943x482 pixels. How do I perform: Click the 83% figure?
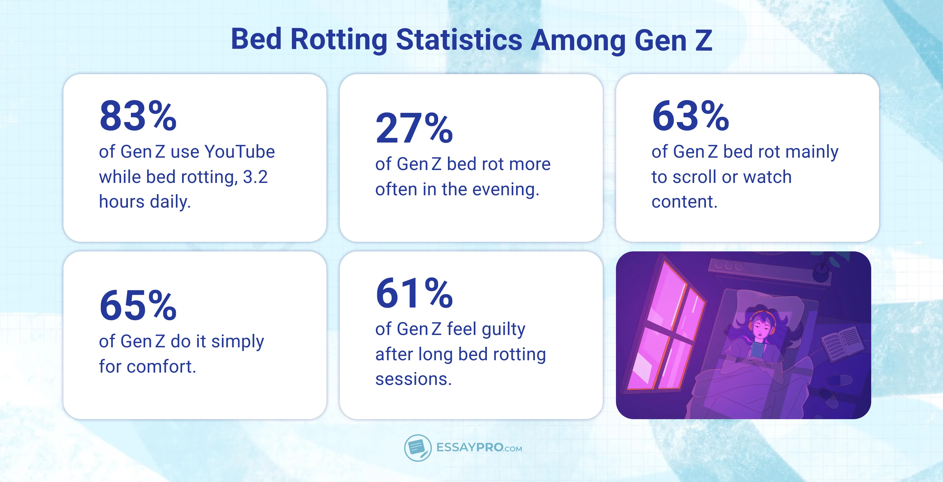pos(138,116)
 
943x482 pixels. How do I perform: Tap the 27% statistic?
pos(414,128)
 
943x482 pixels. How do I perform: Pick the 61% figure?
pos(414,293)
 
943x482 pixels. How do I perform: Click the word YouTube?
pos(240,152)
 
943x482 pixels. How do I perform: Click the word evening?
pos(505,190)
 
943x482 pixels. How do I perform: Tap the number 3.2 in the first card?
pos(255,177)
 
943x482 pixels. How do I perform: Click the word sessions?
pos(413,379)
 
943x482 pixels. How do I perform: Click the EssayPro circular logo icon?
pos(418,447)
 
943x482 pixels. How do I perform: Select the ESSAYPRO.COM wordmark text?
pos(479,447)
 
